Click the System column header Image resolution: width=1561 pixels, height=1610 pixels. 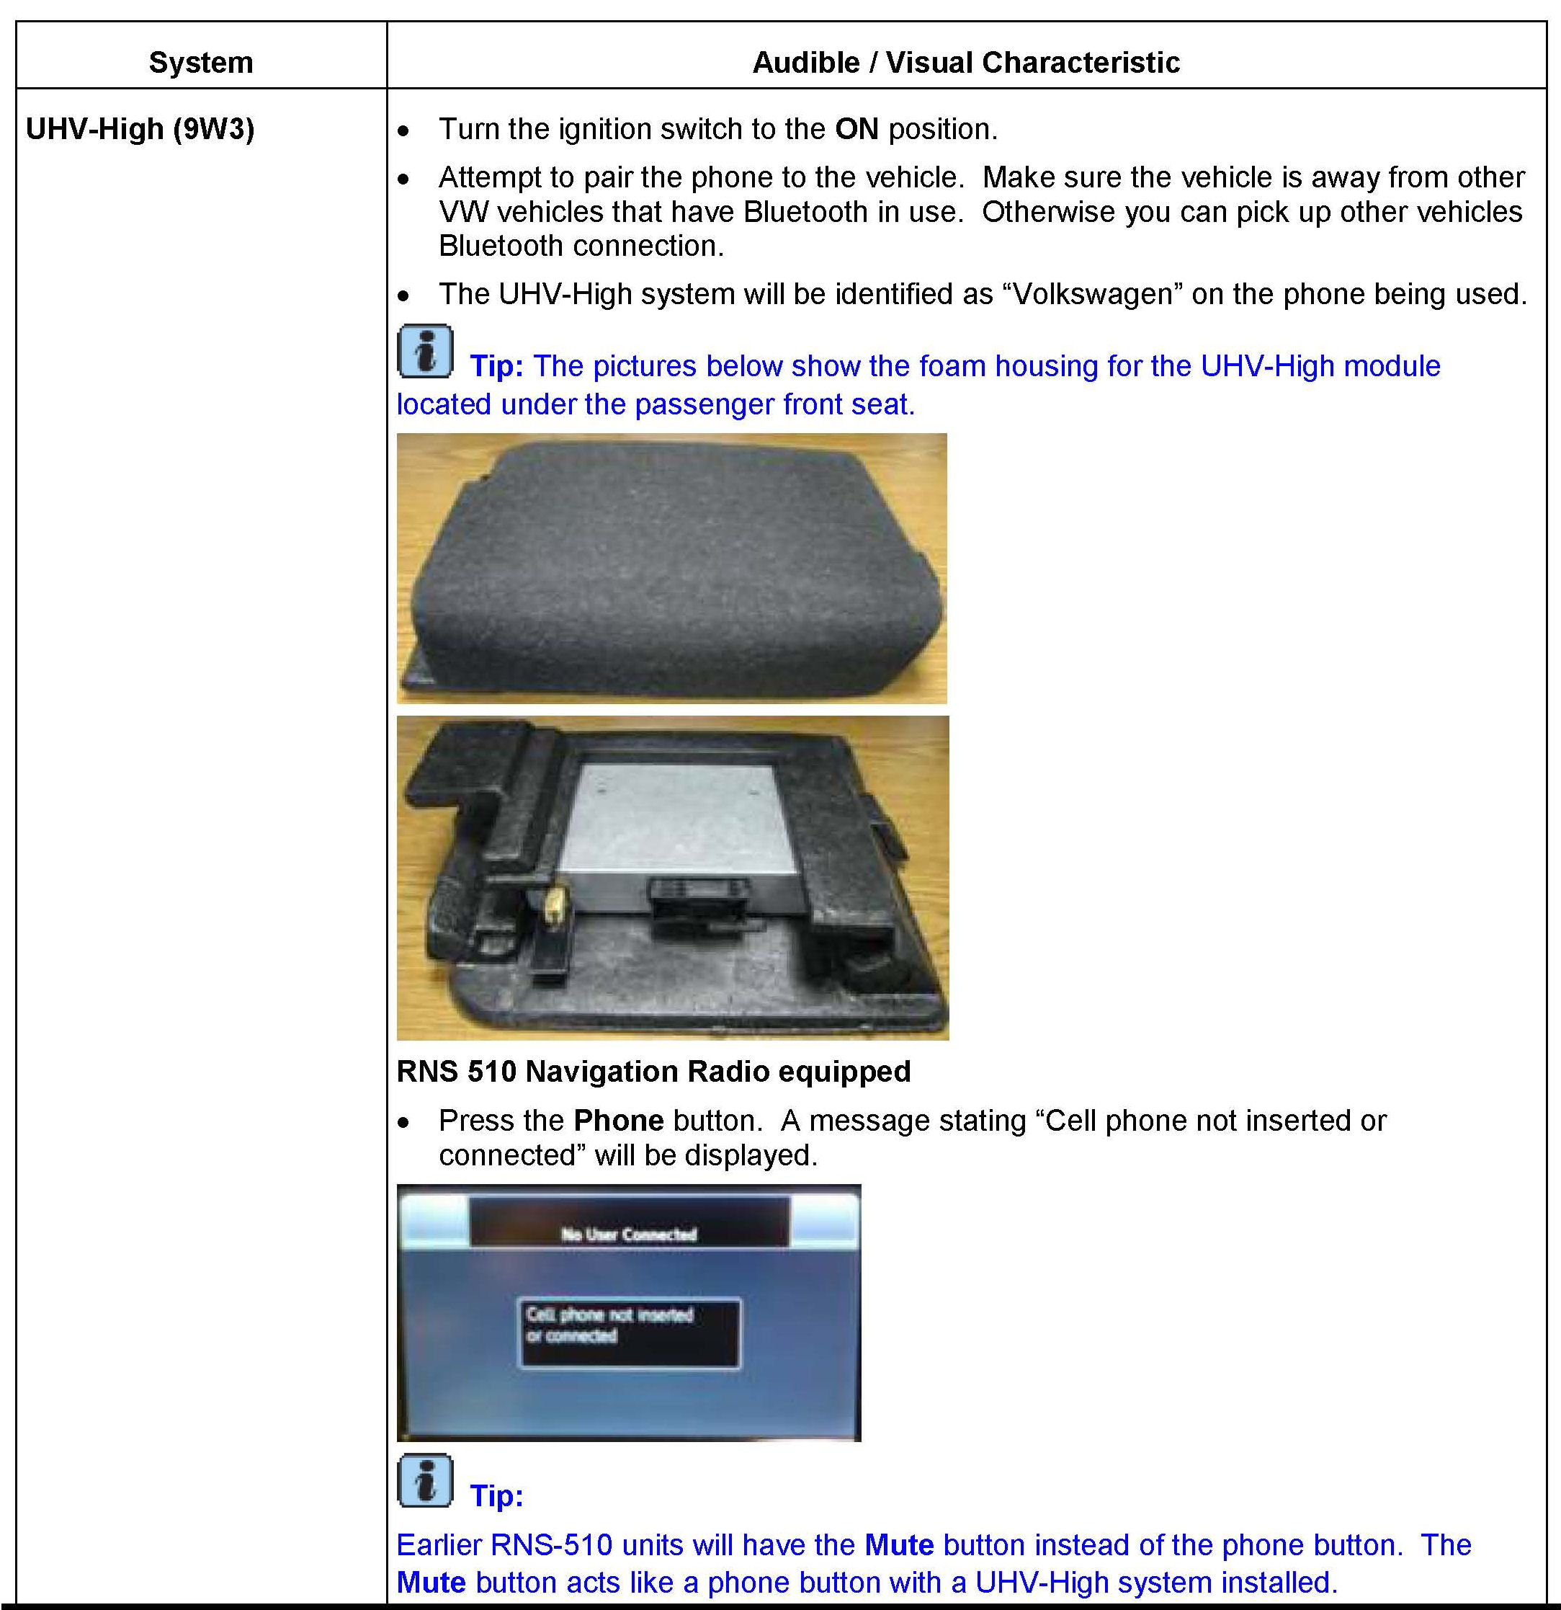point(200,63)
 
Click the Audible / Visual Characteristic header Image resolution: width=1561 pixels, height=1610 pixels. point(966,63)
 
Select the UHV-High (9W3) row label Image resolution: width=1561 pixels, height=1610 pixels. point(140,129)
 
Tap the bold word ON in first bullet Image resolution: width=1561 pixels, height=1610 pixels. point(856,129)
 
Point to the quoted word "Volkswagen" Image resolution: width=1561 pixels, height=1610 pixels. point(1092,293)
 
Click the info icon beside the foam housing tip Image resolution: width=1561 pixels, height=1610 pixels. point(424,352)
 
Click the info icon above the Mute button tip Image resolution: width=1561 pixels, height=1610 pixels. point(424,1481)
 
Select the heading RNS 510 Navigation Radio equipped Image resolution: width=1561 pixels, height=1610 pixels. point(653,1071)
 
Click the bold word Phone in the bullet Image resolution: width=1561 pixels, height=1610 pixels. point(618,1121)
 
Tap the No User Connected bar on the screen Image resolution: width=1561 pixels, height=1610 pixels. point(628,1234)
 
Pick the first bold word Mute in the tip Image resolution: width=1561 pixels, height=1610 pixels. point(899,1545)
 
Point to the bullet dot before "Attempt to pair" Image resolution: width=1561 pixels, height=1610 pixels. point(403,178)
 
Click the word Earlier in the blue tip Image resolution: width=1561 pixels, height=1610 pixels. point(439,1545)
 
